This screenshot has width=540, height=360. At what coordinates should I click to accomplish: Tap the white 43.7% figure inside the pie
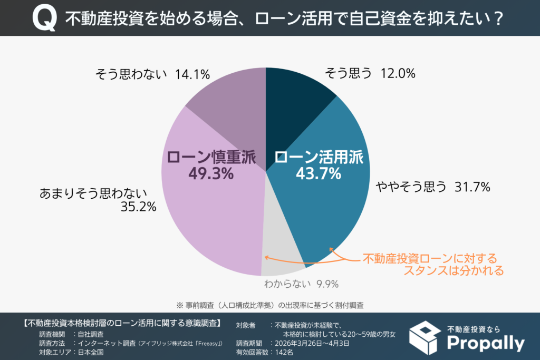pos(317,173)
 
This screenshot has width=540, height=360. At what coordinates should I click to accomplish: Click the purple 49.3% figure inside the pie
pos(210,173)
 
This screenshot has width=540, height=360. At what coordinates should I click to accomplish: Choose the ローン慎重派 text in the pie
pos(211,157)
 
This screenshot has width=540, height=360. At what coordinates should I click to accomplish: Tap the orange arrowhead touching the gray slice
pos(266,257)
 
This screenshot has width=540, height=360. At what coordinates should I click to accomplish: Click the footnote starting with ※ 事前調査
pos(270,305)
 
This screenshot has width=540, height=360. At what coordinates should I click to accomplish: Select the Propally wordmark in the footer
pos(486,343)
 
